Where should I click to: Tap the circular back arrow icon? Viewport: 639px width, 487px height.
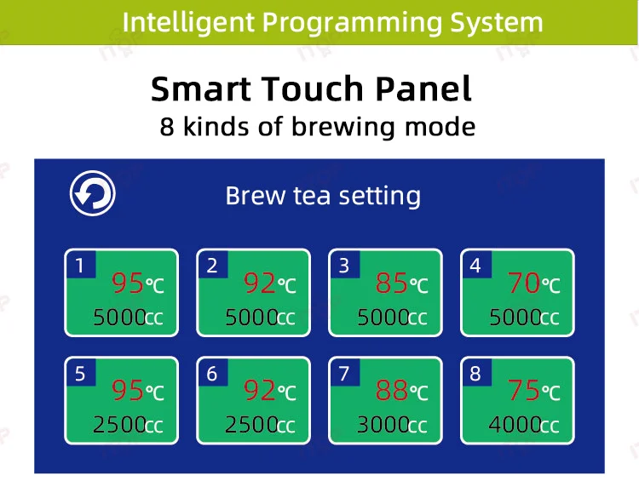(x=92, y=194)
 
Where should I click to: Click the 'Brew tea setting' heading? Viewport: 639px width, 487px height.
(x=323, y=197)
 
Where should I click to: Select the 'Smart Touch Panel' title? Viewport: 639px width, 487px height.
(x=311, y=89)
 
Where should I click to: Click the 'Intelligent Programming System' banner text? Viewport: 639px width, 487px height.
(x=332, y=22)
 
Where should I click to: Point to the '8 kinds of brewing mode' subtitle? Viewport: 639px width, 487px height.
(x=317, y=128)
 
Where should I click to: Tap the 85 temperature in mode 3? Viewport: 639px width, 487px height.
(x=392, y=283)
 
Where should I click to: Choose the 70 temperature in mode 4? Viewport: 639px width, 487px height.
(x=524, y=283)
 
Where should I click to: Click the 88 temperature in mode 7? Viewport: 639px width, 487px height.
(x=392, y=391)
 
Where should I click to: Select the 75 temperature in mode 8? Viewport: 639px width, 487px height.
(x=524, y=391)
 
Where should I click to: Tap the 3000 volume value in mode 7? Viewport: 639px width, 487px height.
(x=383, y=425)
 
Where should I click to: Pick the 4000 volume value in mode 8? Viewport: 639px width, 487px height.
(x=515, y=425)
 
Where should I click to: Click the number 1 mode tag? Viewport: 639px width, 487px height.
(x=80, y=266)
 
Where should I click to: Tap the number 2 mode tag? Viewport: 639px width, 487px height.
(x=212, y=266)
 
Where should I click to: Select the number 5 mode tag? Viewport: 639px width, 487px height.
(x=80, y=373)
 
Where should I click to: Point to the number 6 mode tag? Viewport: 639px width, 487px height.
(x=212, y=373)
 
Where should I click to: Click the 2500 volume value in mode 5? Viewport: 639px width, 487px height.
(x=119, y=425)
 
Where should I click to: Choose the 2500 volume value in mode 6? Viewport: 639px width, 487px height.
(x=251, y=425)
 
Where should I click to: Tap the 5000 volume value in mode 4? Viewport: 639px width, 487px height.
(x=515, y=318)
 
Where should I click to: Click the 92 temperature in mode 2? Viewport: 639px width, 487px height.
(x=260, y=283)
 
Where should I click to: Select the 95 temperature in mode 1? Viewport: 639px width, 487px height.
(x=128, y=283)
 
